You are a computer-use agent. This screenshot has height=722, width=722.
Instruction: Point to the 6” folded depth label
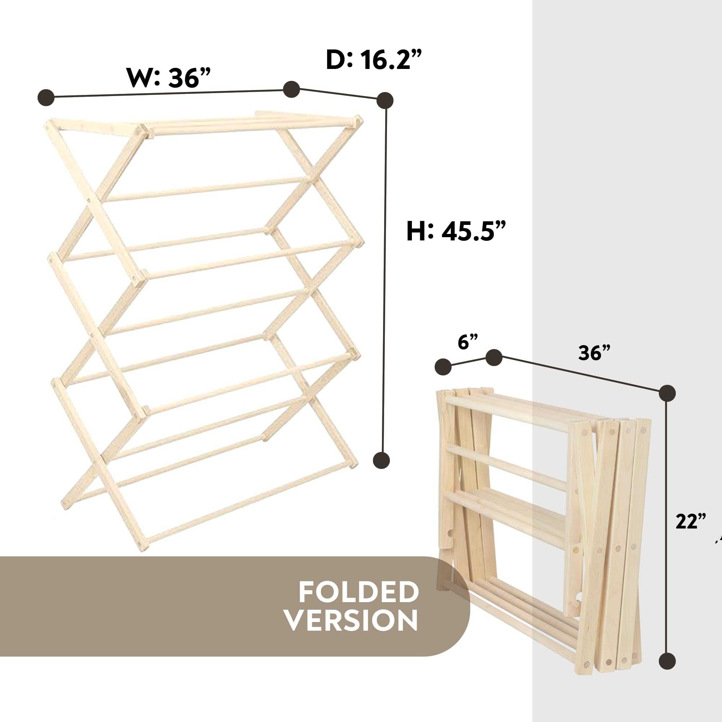468,342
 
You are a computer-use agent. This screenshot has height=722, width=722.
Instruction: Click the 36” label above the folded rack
594,352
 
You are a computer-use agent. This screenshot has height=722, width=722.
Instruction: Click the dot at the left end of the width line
46,97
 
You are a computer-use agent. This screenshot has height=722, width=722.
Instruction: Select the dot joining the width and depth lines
291,90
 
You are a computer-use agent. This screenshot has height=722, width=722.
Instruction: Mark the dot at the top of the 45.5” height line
385,100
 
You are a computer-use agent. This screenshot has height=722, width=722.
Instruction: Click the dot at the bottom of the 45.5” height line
382,460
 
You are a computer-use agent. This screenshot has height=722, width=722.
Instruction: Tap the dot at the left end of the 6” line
443,367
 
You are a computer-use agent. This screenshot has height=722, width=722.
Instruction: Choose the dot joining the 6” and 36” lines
493,358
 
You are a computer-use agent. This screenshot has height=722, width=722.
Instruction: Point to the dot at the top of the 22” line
667,393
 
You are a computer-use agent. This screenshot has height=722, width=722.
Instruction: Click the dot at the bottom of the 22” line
667,661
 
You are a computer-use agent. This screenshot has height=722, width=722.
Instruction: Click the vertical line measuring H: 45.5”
383,280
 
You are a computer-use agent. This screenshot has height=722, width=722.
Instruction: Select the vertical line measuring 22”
667,527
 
